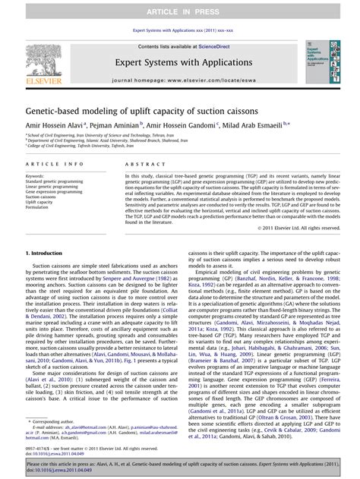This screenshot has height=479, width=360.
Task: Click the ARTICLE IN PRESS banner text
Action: pos(180,10)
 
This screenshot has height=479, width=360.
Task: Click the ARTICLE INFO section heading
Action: pos(55,164)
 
